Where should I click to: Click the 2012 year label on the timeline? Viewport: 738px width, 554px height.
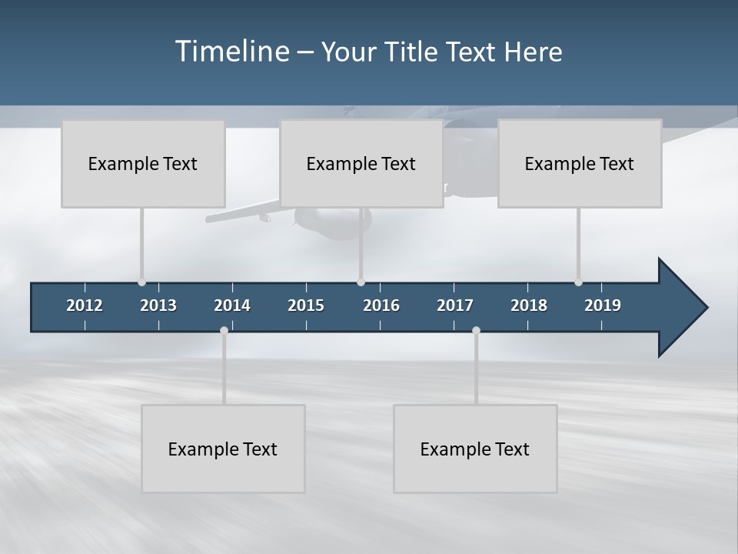85,305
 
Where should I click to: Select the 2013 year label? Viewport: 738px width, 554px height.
158,305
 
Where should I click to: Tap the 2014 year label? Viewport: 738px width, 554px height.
232,305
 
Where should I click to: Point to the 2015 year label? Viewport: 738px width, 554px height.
306,305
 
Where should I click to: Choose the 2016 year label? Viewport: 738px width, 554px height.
381,305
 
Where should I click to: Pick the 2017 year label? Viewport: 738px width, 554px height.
455,305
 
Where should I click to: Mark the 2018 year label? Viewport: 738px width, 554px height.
529,305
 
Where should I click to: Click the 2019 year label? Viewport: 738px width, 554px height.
603,305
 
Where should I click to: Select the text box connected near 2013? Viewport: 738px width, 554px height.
143,164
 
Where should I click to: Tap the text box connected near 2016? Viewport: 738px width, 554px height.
361,164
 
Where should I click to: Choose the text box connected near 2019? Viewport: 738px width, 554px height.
580,164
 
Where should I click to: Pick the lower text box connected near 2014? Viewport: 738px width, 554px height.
223,449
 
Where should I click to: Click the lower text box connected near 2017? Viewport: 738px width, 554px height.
475,449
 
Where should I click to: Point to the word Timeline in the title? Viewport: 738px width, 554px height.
231,52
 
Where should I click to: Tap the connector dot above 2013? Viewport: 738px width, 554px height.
141,282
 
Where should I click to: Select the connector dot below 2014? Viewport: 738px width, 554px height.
224,330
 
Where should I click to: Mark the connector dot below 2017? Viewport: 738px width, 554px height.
476,330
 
